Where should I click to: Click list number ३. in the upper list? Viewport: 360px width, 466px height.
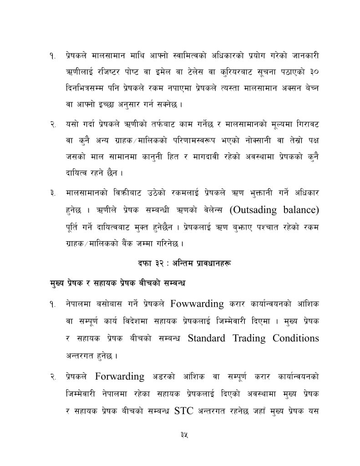(53, 193)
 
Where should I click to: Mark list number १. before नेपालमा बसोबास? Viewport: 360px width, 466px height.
(53, 304)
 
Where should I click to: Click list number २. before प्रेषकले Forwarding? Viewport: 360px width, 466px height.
(53, 376)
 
